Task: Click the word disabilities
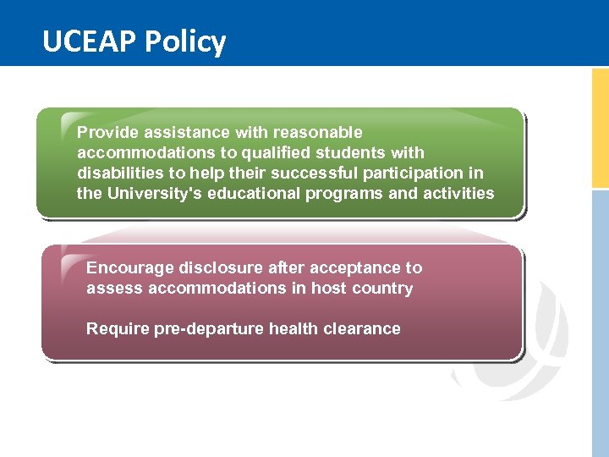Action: pyautogui.click(x=115, y=173)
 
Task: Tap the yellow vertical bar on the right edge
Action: pyautogui.click(x=600, y=127)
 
